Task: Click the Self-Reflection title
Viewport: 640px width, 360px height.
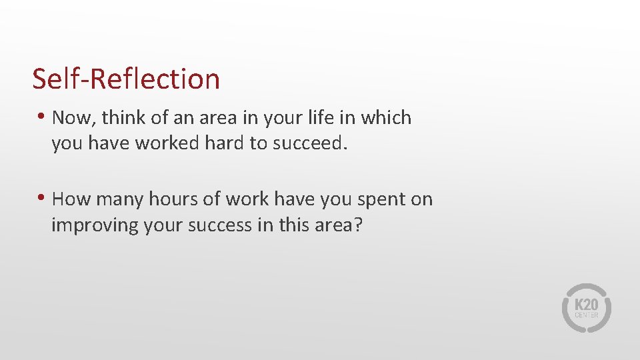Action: tap(126, 79)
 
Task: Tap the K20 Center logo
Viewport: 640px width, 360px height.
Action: tap(586, 308)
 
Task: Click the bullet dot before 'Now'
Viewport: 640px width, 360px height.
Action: tap(41, 117)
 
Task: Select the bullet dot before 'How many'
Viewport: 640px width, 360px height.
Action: tap(41, 198)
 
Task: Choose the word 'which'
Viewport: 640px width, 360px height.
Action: tap(386, 118)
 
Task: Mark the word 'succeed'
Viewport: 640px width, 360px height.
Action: tap(309, 143)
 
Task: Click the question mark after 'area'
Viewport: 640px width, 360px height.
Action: tap(358, 225)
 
